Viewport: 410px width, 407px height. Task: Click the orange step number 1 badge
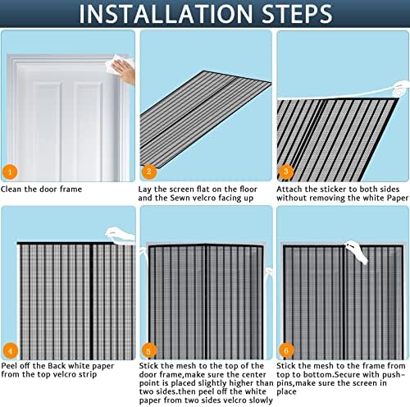10,172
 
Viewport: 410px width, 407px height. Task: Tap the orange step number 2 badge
149,171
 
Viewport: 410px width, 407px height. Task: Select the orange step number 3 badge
286,171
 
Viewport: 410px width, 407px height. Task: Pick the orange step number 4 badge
11,351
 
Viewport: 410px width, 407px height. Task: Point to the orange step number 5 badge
149,351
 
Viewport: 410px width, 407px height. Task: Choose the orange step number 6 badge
286,350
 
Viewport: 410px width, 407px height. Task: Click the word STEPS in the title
297,13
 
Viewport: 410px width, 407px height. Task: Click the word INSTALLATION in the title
166,14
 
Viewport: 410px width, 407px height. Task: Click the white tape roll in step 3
400,89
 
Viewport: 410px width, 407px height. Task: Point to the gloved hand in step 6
358,252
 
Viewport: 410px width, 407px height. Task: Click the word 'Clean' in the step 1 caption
11,189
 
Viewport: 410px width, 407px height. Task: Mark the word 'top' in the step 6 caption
282,375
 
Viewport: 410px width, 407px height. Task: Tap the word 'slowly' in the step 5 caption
261,400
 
